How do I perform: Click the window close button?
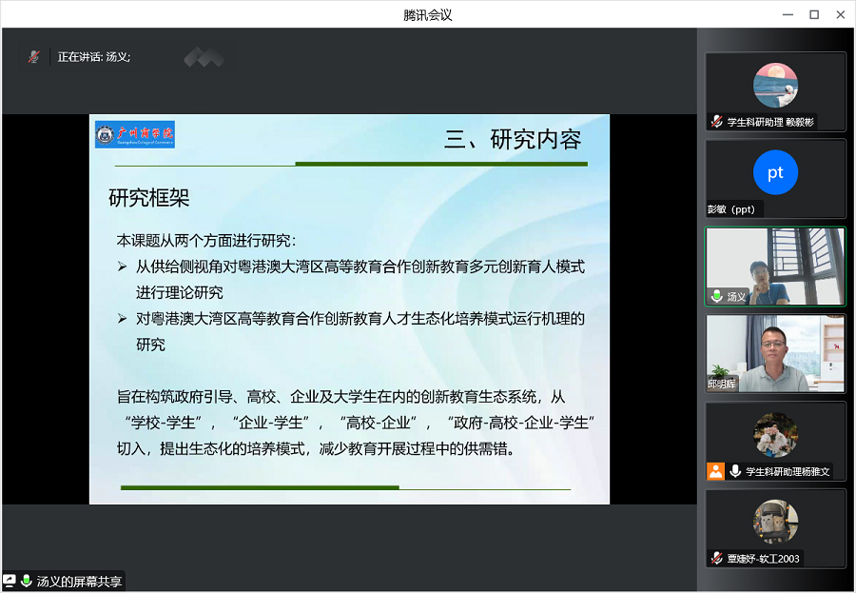coord(840,14)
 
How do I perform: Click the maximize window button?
coord(814,14)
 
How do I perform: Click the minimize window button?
coord(788,14)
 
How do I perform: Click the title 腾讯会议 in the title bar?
coord(427,14)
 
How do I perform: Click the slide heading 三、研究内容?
coord(513,140)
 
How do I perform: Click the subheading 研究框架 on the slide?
coord(148,198)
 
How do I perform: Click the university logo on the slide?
coord(135,134)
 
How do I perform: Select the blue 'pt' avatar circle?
coord(775,172)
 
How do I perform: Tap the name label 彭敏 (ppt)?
coord(735,209)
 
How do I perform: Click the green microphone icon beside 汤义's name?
coord(717,297)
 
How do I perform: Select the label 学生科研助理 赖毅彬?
coord(770,122)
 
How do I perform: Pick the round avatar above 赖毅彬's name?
coord(775,85)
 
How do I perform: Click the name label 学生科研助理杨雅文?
coord(788,471)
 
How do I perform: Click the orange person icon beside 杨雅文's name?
coord(715,471)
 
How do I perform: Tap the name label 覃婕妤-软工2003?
coord(764,559)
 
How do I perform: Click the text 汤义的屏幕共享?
coord(79,582)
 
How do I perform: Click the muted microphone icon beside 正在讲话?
coord(34,57)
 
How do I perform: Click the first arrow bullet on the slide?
coord(122,267)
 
